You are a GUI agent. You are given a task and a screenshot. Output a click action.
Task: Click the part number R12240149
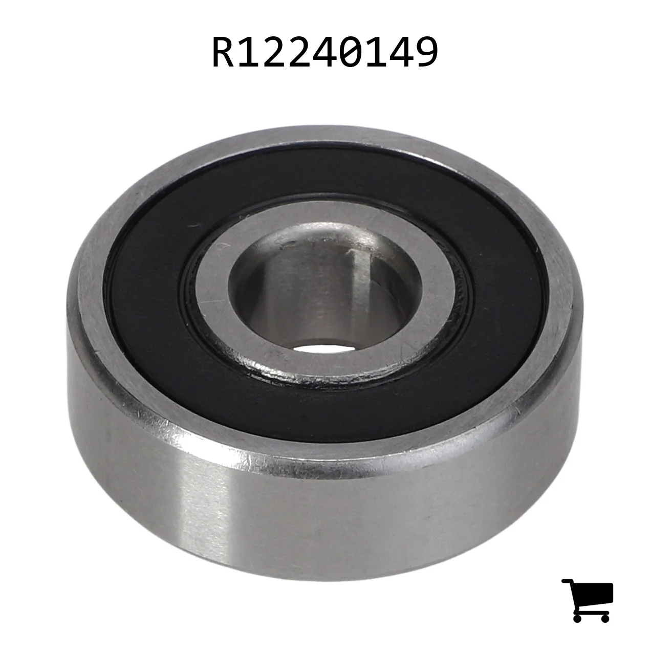coord(324,52)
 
